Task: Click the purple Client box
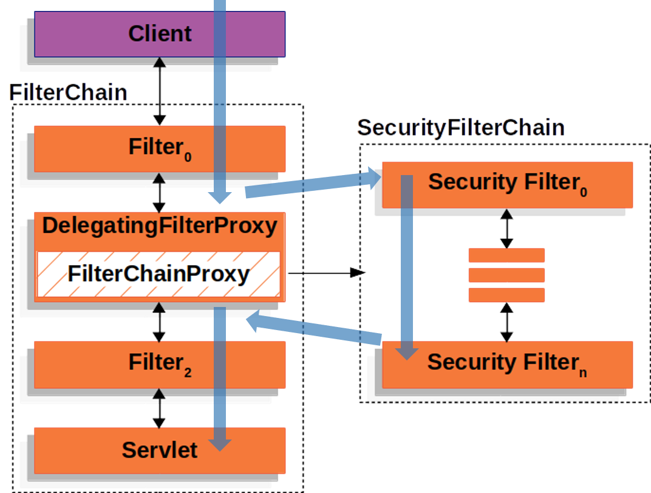point(121,33)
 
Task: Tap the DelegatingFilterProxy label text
point(160,226)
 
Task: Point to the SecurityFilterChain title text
point(462,128)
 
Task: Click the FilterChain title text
point(69,92)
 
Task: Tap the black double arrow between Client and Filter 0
point(159,91)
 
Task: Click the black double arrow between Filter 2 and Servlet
point(159,408)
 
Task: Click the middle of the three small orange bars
point(506,275)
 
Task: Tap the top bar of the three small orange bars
point(506,255)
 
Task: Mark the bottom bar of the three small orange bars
point(506,295)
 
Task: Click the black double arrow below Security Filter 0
point(506,228)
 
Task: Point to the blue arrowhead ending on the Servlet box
point(220,443)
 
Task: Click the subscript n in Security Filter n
point(583,372)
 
